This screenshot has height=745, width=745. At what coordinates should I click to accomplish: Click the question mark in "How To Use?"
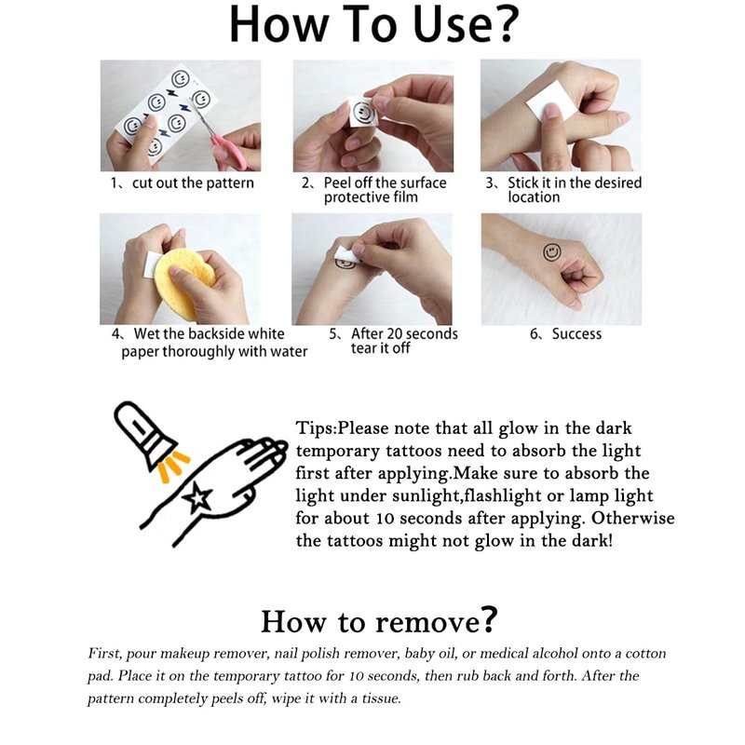[503, 24]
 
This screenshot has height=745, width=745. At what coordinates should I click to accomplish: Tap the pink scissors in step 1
[223, 138]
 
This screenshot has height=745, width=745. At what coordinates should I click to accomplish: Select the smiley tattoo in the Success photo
[551, 251]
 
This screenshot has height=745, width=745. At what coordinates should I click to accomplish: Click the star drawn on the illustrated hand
[197, 497]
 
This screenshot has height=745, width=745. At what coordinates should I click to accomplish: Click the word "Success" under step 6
[576, 334]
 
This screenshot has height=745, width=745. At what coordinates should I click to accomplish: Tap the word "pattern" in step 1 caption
[230, 183]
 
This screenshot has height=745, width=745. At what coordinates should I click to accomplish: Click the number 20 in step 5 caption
[394, 333]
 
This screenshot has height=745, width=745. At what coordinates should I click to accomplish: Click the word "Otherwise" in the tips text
[632, 518]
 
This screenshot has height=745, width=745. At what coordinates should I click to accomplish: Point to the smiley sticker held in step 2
[363, 112]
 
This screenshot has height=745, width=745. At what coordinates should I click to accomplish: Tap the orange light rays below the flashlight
[173, 464]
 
